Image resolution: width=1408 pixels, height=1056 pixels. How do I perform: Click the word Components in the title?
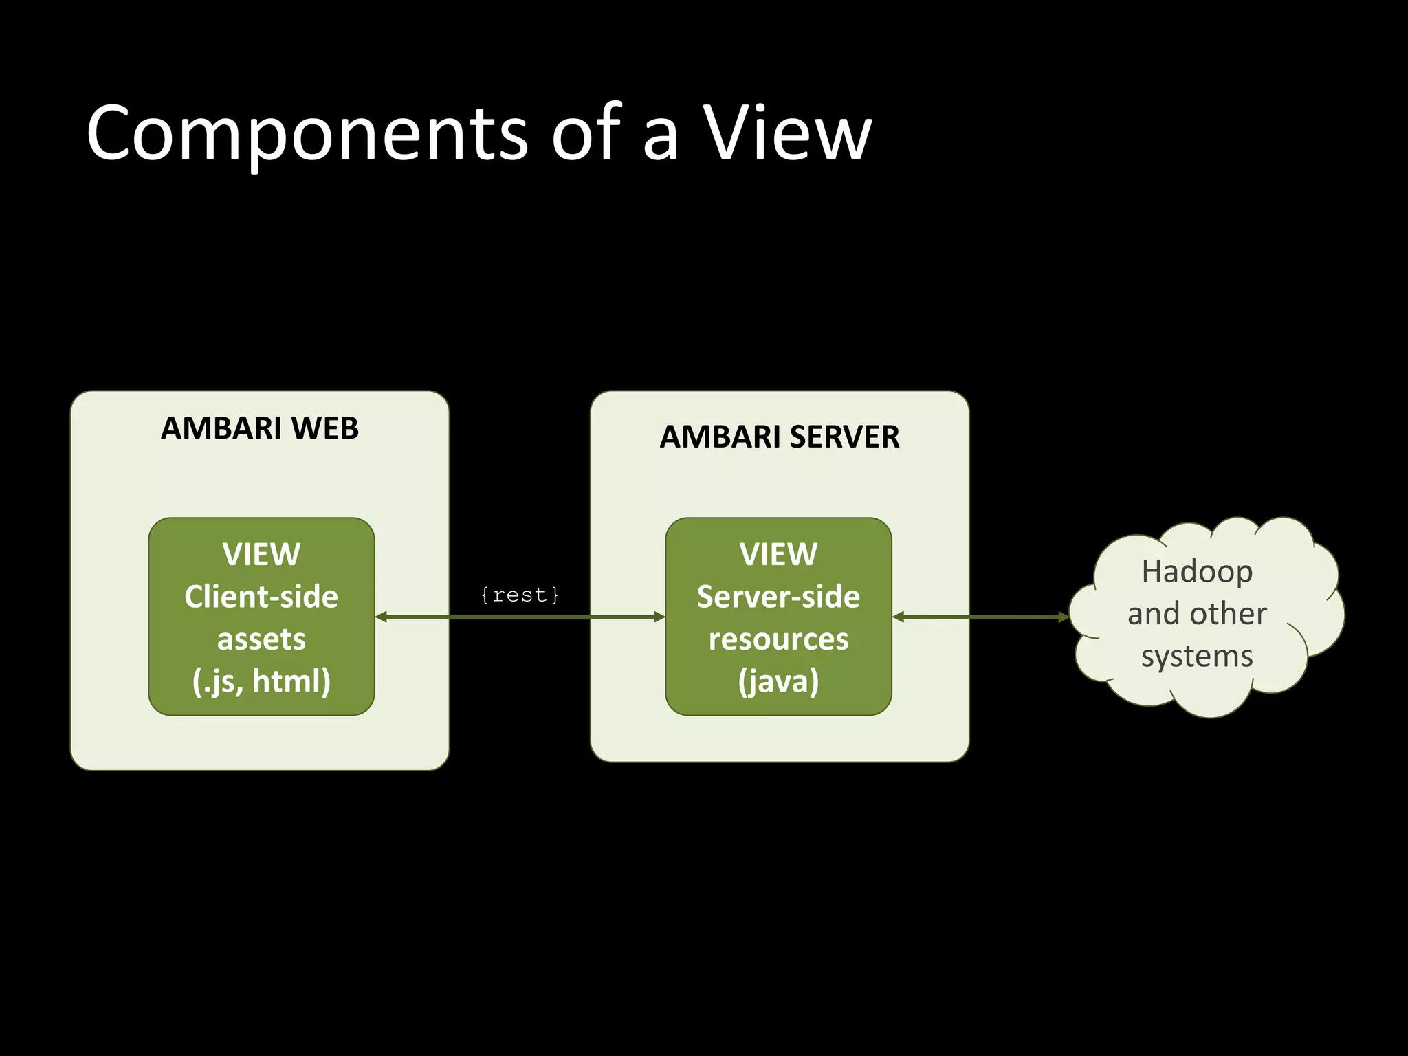coord(307,134)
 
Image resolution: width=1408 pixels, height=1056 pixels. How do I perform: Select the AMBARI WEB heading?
coord(259,428)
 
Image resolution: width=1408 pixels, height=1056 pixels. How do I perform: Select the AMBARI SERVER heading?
coord(779,437)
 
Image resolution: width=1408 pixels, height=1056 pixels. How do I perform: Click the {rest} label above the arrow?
coord(520,595)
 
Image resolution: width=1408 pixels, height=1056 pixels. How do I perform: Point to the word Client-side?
coord(261,597)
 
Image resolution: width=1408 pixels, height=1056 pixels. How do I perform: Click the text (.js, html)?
coord(261,681)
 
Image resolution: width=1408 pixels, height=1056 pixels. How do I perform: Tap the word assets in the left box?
coord(261,639)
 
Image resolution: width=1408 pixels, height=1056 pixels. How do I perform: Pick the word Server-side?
coord(778,597)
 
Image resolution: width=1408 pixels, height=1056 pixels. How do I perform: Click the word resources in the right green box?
coord(778,639)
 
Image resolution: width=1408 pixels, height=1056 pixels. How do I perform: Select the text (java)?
coord(778,681)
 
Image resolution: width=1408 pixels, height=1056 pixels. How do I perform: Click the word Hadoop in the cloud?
coord(1197,571)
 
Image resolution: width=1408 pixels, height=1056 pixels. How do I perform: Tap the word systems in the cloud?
coord(1197,656)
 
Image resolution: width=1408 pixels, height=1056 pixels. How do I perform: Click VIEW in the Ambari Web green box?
coord(261,554)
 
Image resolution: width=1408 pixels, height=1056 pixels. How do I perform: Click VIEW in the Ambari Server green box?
coord(778,554)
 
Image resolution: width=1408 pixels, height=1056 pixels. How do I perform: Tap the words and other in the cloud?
coord(1197,614)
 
